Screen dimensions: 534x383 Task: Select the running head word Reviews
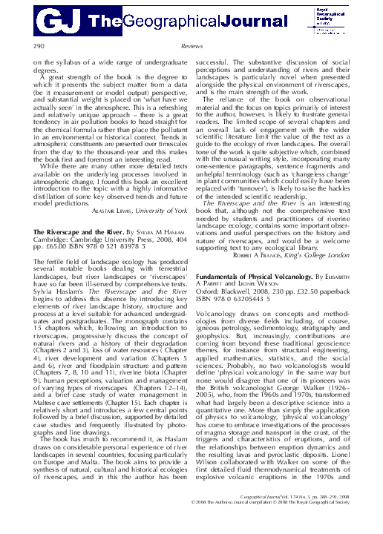191,46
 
